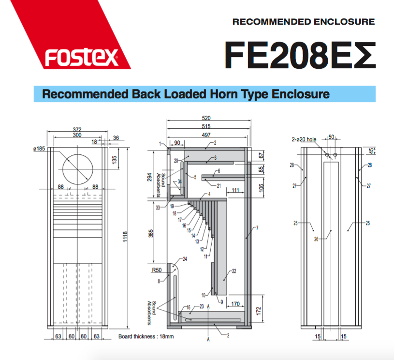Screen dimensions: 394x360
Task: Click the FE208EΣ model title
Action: (300, 55)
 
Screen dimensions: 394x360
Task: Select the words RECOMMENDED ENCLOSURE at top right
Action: (304, 22)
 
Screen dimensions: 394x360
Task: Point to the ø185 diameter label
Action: (39, 149)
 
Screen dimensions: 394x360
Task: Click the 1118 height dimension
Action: (125, 237)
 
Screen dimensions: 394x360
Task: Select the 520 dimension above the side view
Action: (206, 118)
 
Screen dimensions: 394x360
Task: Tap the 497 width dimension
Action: (206, 135)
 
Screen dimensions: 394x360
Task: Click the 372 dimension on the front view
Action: (77, 129)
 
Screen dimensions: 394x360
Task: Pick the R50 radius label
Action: (157, 270)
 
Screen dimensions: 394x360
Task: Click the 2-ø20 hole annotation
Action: (304, 139)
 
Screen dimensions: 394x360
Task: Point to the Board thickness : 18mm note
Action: (146, 336)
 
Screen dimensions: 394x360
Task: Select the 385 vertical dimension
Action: (151, 233)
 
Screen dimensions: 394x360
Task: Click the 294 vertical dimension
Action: (149, 177)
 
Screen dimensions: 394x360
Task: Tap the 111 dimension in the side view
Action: (235, 190)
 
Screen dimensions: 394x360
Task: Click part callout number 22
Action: (234, 271)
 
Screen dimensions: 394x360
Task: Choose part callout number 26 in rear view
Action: (316, 239)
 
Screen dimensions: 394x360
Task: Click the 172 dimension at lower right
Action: (258, 311)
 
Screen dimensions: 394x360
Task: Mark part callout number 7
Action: (257, 228)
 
